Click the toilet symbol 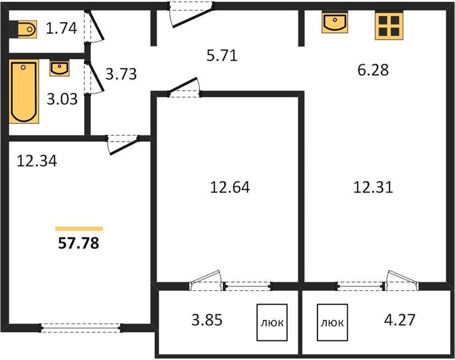coord(23,29)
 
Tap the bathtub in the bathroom coord(24,91)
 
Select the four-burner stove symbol coord(389,26)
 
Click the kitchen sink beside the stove coord(335,23)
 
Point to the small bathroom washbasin coord(59,68)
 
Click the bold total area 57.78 coord(79,243)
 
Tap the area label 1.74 coord(61,28)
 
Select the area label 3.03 coord(62,99)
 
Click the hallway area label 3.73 coord(121,74)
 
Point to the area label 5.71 coord(222,55)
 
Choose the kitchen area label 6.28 coord(373,70)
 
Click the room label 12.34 coord(37,161)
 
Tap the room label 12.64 coord(230,187)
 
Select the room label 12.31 coord(373,187)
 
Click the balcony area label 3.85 coord(207,320)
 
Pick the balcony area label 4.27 coord(400,320)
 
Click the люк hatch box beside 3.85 coord(272,322)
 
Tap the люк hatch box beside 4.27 coord(333,322)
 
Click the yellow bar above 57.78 coord(79,229)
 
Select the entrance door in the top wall coord(191,14)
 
